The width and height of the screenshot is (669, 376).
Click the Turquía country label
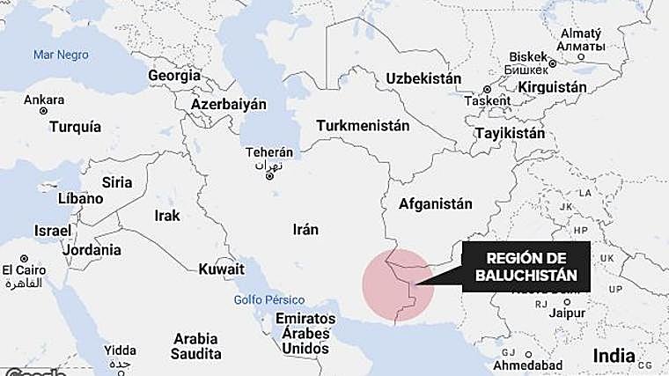75,127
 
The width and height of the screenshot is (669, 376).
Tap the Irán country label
305,229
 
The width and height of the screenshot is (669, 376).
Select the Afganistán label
435,204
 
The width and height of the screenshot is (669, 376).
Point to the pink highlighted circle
398,286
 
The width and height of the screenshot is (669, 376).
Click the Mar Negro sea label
61,55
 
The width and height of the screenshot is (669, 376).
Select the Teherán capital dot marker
269,177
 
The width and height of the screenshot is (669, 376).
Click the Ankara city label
44,100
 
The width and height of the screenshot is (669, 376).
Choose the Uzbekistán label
423,78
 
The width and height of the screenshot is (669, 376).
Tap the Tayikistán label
509,134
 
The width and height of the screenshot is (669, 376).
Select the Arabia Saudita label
196,346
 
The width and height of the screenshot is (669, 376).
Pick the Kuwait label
222,269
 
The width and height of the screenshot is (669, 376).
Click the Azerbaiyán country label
229,104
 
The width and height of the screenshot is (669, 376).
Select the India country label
613,356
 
